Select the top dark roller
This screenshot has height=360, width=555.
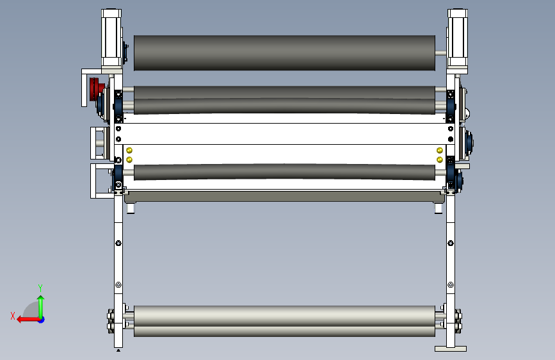(285, 53)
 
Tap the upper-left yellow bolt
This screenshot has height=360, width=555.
(129, 151)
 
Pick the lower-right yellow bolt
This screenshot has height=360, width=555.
(440, 160)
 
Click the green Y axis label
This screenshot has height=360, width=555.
(40, 288)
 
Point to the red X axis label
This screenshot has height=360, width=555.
(13, 316)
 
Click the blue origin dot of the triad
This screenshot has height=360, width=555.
(42, 320)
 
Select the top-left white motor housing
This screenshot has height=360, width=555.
(111, 38)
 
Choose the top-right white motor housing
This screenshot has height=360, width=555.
(457, 38)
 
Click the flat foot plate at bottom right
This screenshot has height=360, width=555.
(451, 349)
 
